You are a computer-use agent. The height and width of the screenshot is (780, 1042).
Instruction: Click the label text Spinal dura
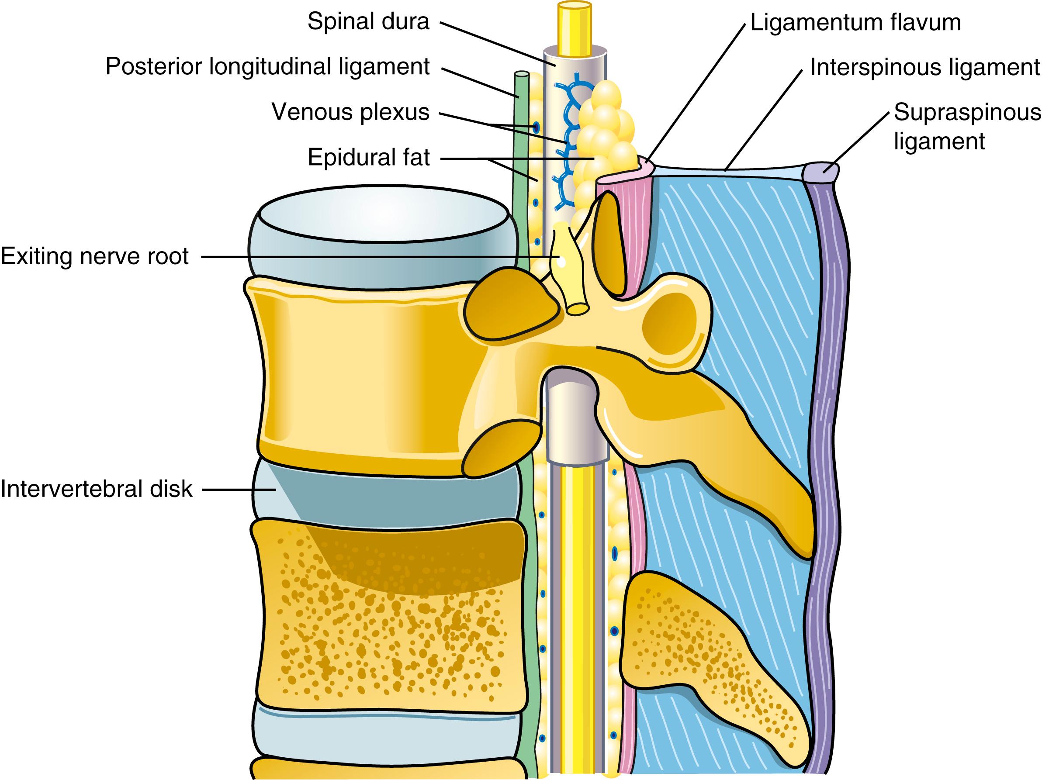pyautogui.click(x=368, y=22)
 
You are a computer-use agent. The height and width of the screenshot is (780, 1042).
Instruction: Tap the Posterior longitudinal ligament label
pyautogui.click(x=267, y=67)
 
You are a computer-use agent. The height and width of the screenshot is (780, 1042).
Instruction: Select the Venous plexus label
pyautogui.click(x=350, y=112)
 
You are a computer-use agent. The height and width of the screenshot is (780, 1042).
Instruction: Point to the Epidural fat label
pyautogui.click(x=368, y=157)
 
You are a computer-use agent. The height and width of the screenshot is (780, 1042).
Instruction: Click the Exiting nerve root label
pyautogui.click(x=95, y=256)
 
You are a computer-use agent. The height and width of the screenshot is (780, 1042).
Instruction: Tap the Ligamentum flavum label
pyautogui.click(x=855, y=22)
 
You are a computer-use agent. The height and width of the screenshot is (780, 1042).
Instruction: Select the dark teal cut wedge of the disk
pyautogui.click(x=400, y=497)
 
